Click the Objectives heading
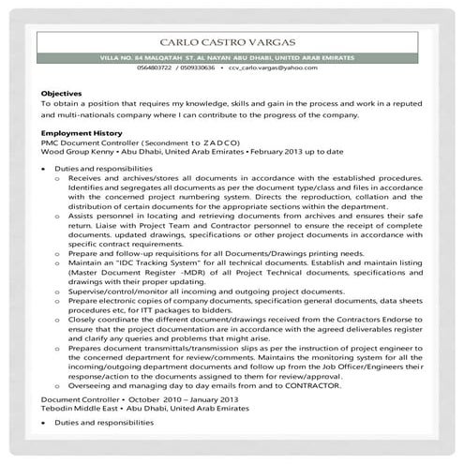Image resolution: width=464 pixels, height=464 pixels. (x=61, y=94)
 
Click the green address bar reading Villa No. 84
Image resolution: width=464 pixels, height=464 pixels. (x=232, y=58)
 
